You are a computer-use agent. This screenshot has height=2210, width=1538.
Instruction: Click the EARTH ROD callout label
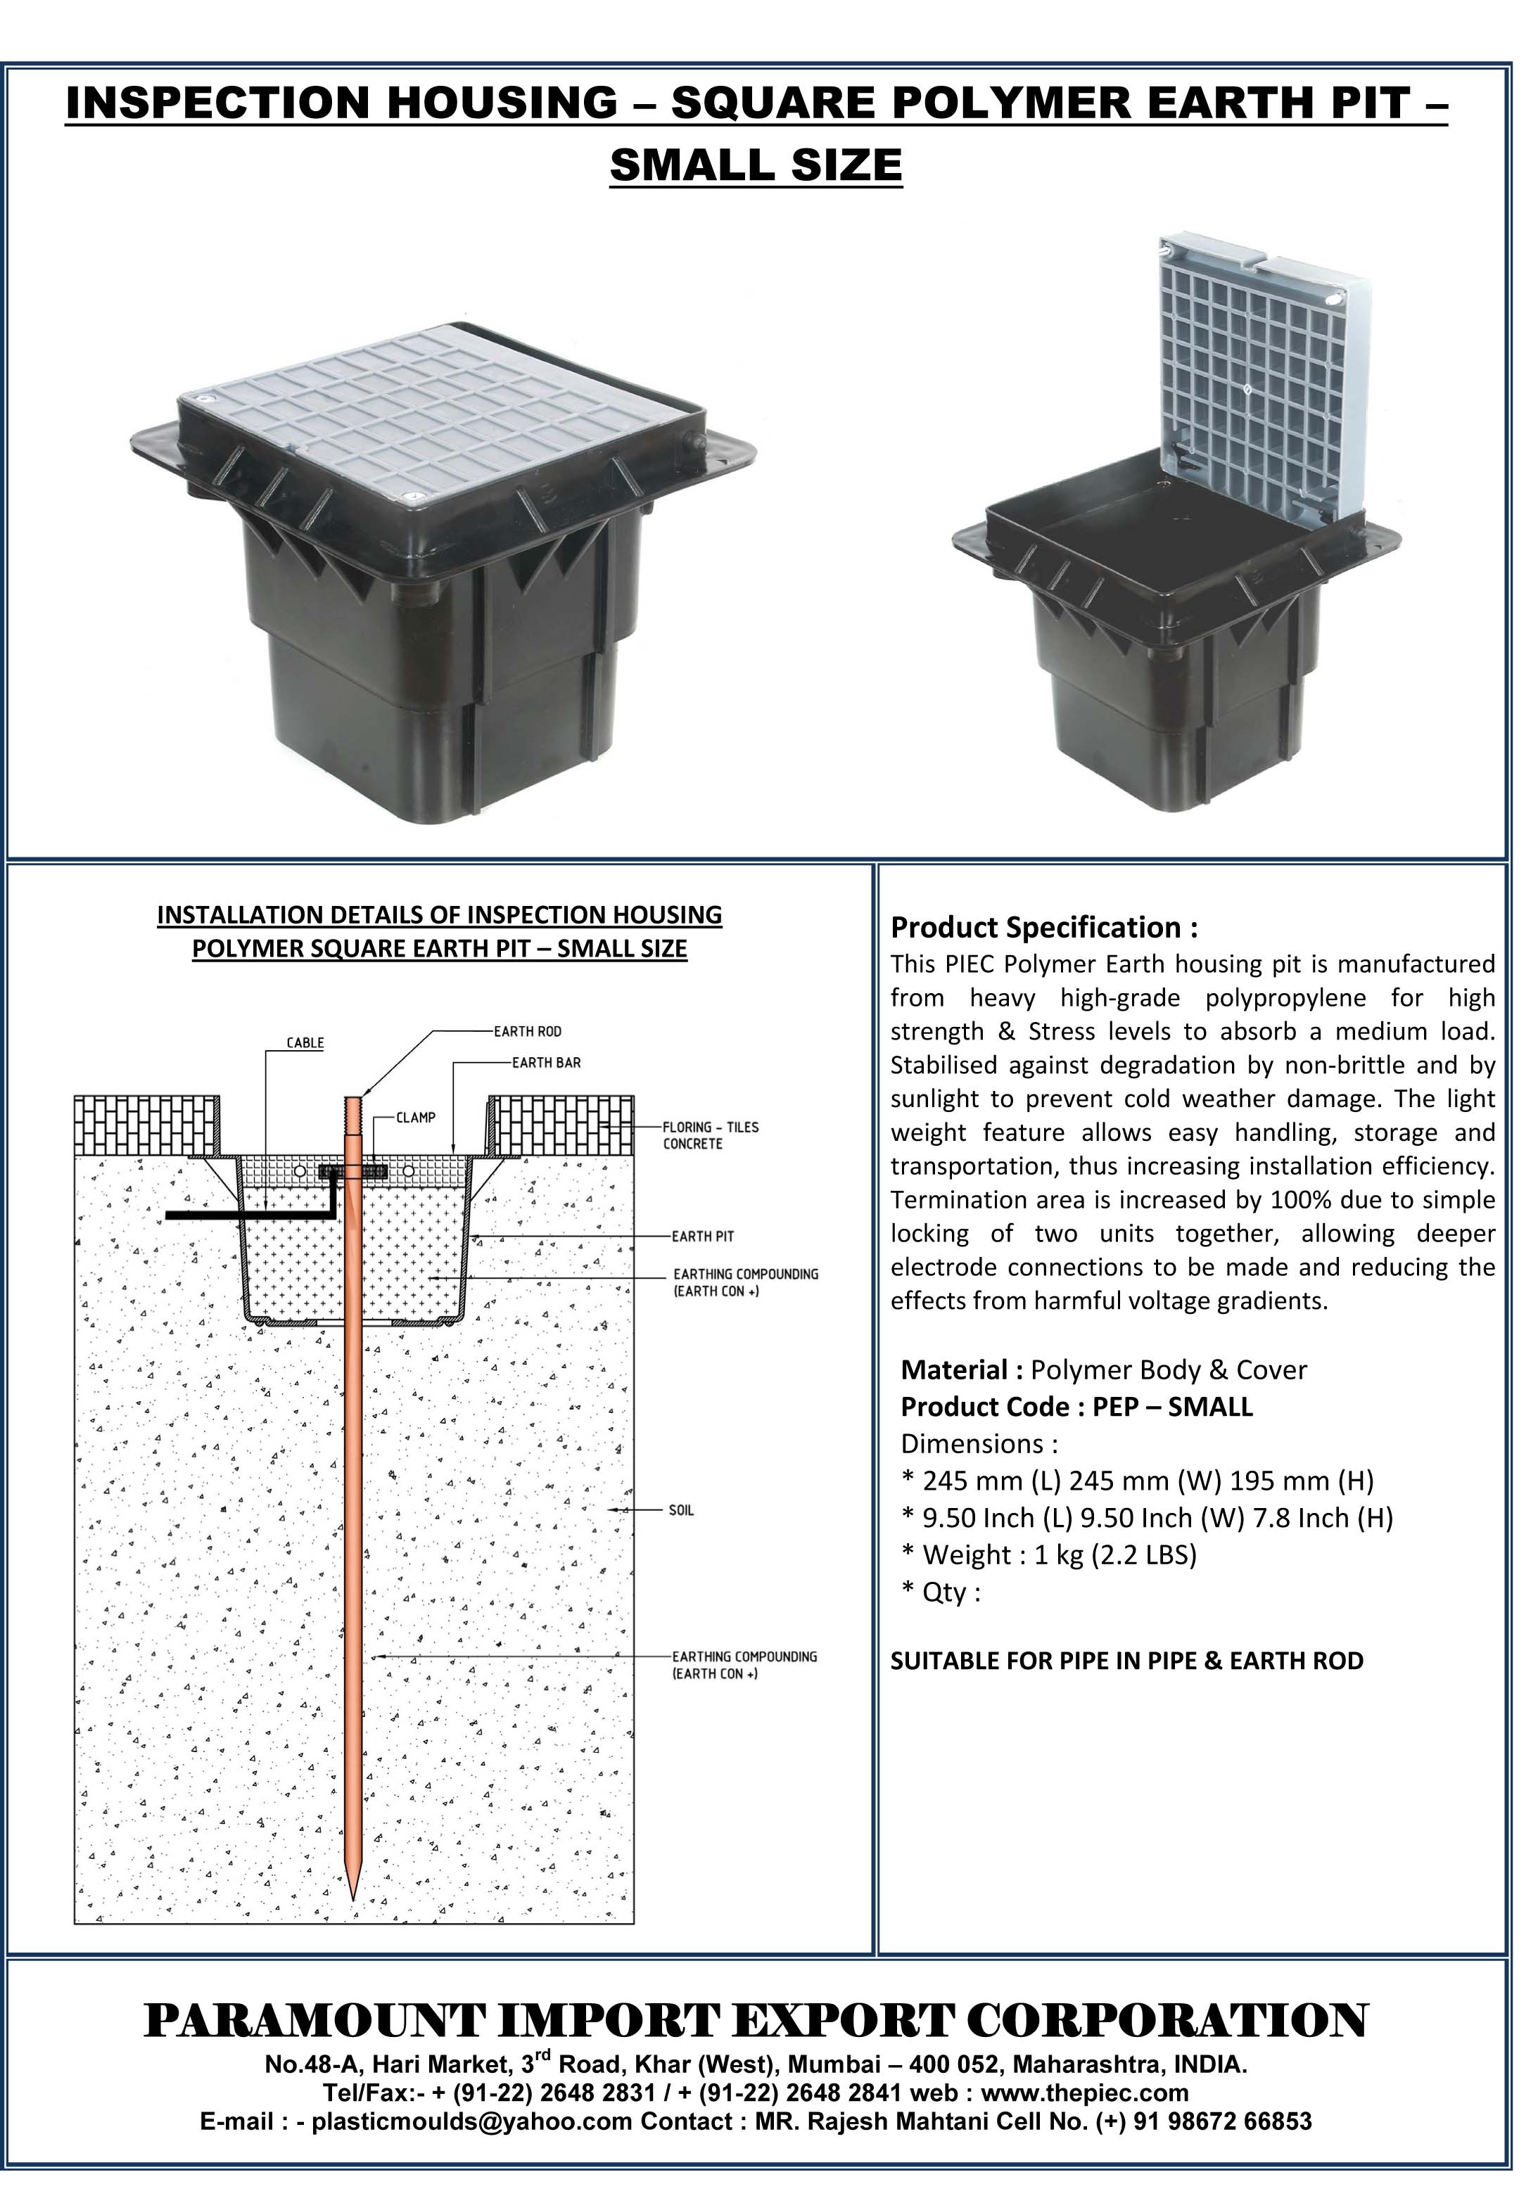click(x=527, y=1032)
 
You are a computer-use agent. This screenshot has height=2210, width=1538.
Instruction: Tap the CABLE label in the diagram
click(x=305, y=1043)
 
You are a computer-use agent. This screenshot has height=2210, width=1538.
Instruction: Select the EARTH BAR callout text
click(x=546, y=1063)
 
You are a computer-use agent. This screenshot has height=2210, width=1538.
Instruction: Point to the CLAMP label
click(x=416, y=1118)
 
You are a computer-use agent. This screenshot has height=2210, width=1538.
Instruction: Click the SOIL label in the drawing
click(x=681, y=1510)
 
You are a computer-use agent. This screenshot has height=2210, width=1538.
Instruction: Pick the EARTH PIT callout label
click(x=703, y=1236)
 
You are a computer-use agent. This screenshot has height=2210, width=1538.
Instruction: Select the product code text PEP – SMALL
click(x=1172, y=1407)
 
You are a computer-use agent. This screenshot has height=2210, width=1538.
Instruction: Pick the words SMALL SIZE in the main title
click(x=756, y=165)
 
